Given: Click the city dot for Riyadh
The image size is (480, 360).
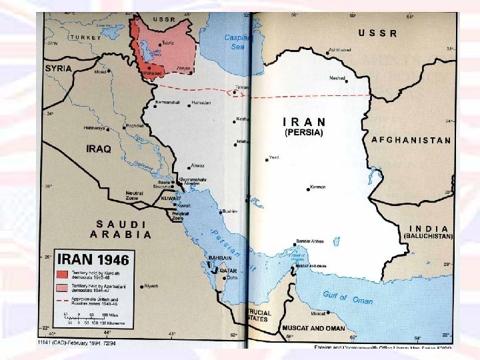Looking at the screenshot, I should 141,286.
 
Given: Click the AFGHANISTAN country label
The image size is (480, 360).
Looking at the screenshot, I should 411,141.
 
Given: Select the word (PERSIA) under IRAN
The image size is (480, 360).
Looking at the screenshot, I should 303,133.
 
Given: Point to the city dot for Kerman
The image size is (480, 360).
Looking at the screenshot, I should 308,187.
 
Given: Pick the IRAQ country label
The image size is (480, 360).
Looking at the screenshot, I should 99,149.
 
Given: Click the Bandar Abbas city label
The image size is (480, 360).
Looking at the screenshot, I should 311,241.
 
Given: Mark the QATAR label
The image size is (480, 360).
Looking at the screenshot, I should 229,271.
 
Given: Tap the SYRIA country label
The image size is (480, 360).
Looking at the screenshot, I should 59,68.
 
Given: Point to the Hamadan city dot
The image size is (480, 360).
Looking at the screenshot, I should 188,103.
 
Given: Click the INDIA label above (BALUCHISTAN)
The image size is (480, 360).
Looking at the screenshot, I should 427,228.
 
